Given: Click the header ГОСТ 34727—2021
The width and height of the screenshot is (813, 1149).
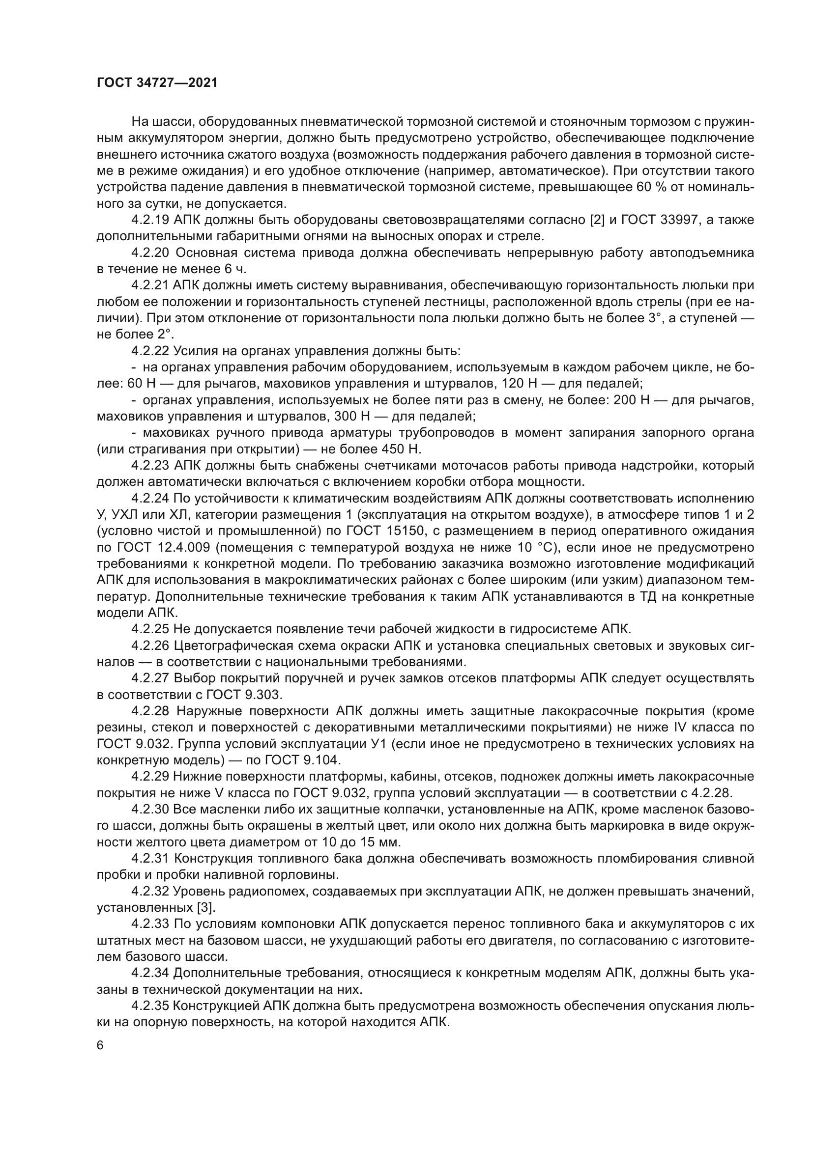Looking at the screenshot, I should click(157, 83).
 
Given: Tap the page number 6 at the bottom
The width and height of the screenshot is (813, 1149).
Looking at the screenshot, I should click(100, 1045).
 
